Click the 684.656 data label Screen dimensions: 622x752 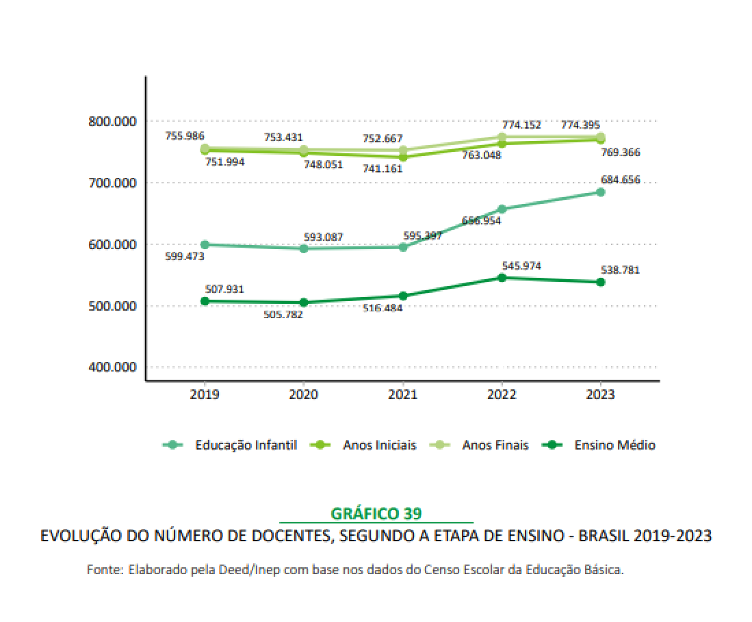(621, 180)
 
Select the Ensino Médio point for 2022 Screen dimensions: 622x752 (502, 277)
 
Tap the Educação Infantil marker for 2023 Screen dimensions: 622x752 (600, 192)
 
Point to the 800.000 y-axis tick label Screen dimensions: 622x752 (113, 121)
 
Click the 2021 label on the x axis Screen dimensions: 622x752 (402, 395)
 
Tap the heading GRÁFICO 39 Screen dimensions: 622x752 (376, 513)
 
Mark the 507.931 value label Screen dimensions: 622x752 (225, 289)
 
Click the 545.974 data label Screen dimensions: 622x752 (521, 265)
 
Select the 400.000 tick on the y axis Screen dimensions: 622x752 (113, 367)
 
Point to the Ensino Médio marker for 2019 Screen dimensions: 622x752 (205, 301)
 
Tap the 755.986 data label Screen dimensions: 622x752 (185, 136)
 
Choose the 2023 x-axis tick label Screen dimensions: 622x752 (600, 395)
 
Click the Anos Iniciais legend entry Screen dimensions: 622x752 (379, 445)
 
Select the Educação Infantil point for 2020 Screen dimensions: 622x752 (304, 248)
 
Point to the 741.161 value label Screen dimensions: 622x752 (383, 168)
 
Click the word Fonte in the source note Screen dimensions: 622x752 (103, 569)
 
